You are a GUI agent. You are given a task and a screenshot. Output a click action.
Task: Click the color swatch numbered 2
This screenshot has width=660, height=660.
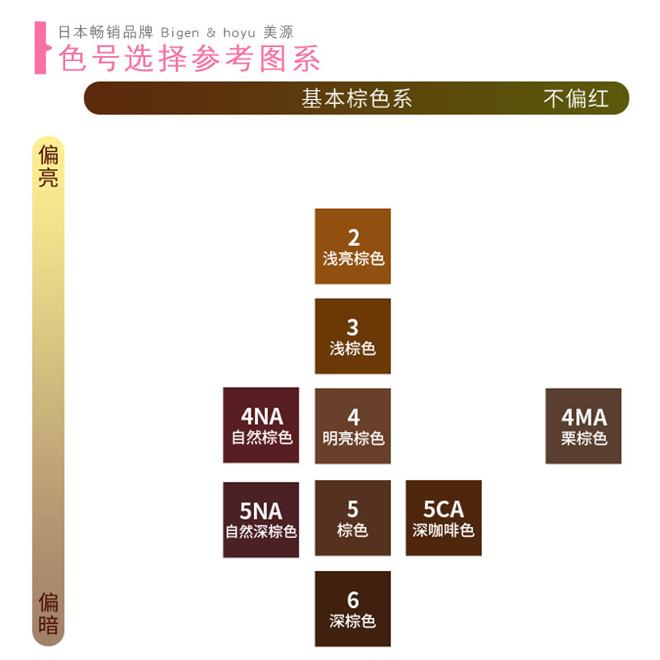coord(352,246)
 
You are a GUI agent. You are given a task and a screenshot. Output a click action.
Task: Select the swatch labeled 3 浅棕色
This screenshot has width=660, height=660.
coord(352,336)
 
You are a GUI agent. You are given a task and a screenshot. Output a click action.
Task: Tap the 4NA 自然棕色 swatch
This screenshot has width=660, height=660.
coord(261,425)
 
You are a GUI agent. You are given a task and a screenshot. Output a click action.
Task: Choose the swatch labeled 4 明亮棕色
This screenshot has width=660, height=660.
coord(352,426)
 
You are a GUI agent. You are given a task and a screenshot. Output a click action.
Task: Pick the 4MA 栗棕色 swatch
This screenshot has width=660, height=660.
coord(583,426)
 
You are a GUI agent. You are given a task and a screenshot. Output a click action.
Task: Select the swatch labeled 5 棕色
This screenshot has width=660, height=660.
coord(352,518)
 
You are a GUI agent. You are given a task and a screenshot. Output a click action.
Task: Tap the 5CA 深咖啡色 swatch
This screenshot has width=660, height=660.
coord(443,518)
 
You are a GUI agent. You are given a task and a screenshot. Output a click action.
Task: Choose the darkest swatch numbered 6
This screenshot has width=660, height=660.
coord(352,609)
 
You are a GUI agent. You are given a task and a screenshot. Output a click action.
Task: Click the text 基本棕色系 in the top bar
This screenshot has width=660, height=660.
coord(356,98)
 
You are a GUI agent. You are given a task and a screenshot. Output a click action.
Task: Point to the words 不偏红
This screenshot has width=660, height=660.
coord(576,98)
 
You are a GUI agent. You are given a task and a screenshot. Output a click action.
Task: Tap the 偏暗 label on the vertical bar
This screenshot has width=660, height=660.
coord(49,614)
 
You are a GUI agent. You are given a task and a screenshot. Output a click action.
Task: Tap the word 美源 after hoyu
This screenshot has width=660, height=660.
coord(278,32)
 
